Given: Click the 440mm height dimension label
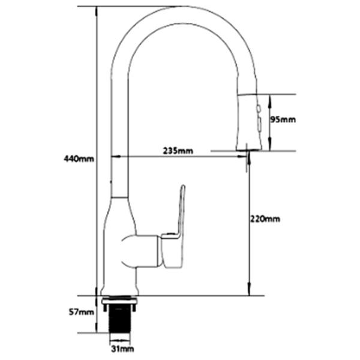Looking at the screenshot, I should pyautogui.click(x=79, y=159).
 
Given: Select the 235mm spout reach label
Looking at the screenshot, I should pyautogui.click(x=178, y=151).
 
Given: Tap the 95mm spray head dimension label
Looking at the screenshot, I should pyautogui.click(x=284, y=119).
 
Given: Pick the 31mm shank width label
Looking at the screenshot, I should pyautogui.click(x=122, y=349).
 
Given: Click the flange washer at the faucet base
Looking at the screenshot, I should pyautogui.click(x=122, y=299).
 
